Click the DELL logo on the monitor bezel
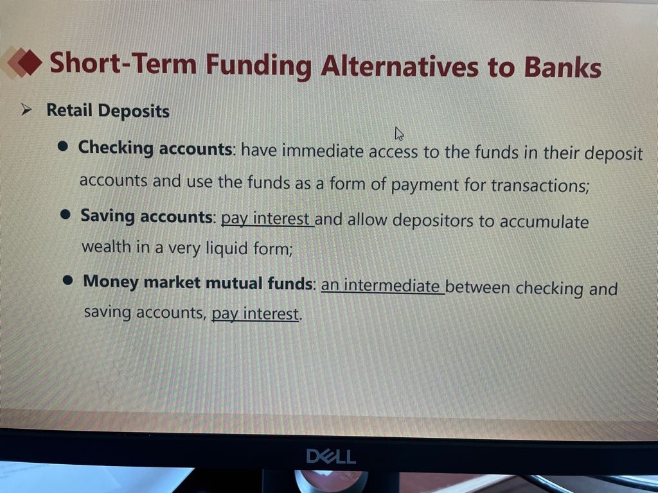coord(331,456)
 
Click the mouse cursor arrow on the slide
coord(399,134)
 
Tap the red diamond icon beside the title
coord(30,62)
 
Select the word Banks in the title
coord(562,67)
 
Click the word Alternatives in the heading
coord(399,66)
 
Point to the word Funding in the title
coord(258,66)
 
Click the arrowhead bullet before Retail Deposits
coord(26,110)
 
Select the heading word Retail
coord(69,110)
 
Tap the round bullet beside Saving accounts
coord(65,214)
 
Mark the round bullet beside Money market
coord(67,280)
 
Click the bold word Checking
coord(116,148)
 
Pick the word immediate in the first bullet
coord(323,150)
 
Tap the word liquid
coord(226,248)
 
